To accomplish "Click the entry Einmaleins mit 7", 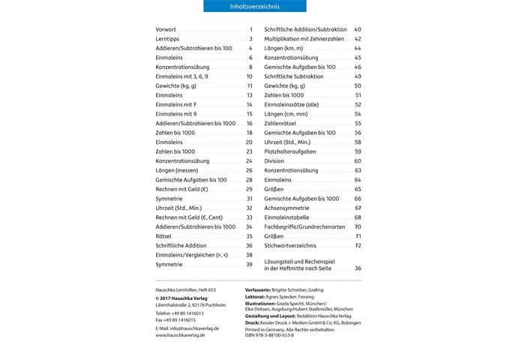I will pyautogui.click(x=176, y=105).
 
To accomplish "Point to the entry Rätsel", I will pyautogui.click(x=165, y=236).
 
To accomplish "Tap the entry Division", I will pyautogui.click(x=274, y=160).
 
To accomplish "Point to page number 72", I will pyautogui.click(x=358, y=245).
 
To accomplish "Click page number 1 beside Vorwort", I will pyautogui.click(x=250, y=29).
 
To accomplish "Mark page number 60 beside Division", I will pyautogui.click(x=358, y=160).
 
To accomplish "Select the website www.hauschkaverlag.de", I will pyautogui.click(x=180, y=335).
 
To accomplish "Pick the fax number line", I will pyautogui.click(x=175, y=319).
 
